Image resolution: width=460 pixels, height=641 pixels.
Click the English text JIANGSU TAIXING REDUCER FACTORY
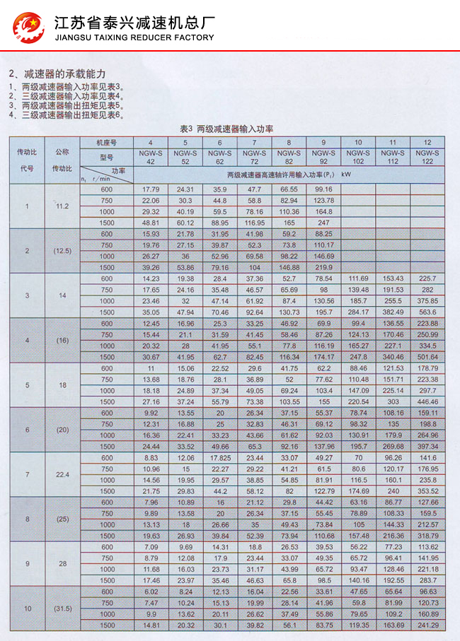[x=134, y=37]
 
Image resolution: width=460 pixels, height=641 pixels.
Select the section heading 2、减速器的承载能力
[x=57, y=73]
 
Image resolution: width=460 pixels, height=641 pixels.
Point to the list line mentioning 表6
[x=67, y=114]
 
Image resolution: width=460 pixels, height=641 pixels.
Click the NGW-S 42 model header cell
[x=150, y=157]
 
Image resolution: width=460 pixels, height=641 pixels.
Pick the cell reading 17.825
[x=219, y=457]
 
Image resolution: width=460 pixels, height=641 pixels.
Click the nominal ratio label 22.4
[x=62, y=475]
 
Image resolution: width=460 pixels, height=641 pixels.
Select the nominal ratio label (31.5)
[x=62, y=608]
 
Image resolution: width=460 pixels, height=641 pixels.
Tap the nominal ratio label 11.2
[x=62, y=206]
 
